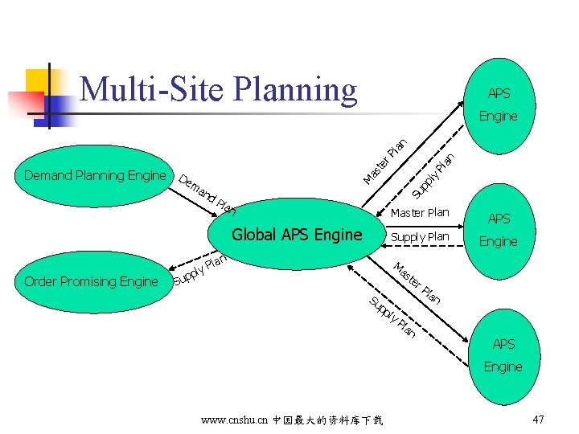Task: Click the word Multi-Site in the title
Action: pos(154,89)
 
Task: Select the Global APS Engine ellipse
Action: pos(297,235)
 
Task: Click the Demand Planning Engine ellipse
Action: pos(95,175)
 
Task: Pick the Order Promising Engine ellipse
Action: pos(91,281)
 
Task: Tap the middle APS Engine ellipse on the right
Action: pos(499,230)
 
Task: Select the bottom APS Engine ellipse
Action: pos(503,356)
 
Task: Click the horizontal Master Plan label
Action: pos(419,213)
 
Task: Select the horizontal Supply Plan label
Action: pos(419,237)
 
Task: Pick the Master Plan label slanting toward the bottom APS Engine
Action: pos(417,282)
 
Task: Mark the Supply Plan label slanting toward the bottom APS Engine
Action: pos(392,317)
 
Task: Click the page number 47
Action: pos(538,420)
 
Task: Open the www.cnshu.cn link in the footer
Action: pos(236,420)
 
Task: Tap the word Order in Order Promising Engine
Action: pos(40,281)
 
